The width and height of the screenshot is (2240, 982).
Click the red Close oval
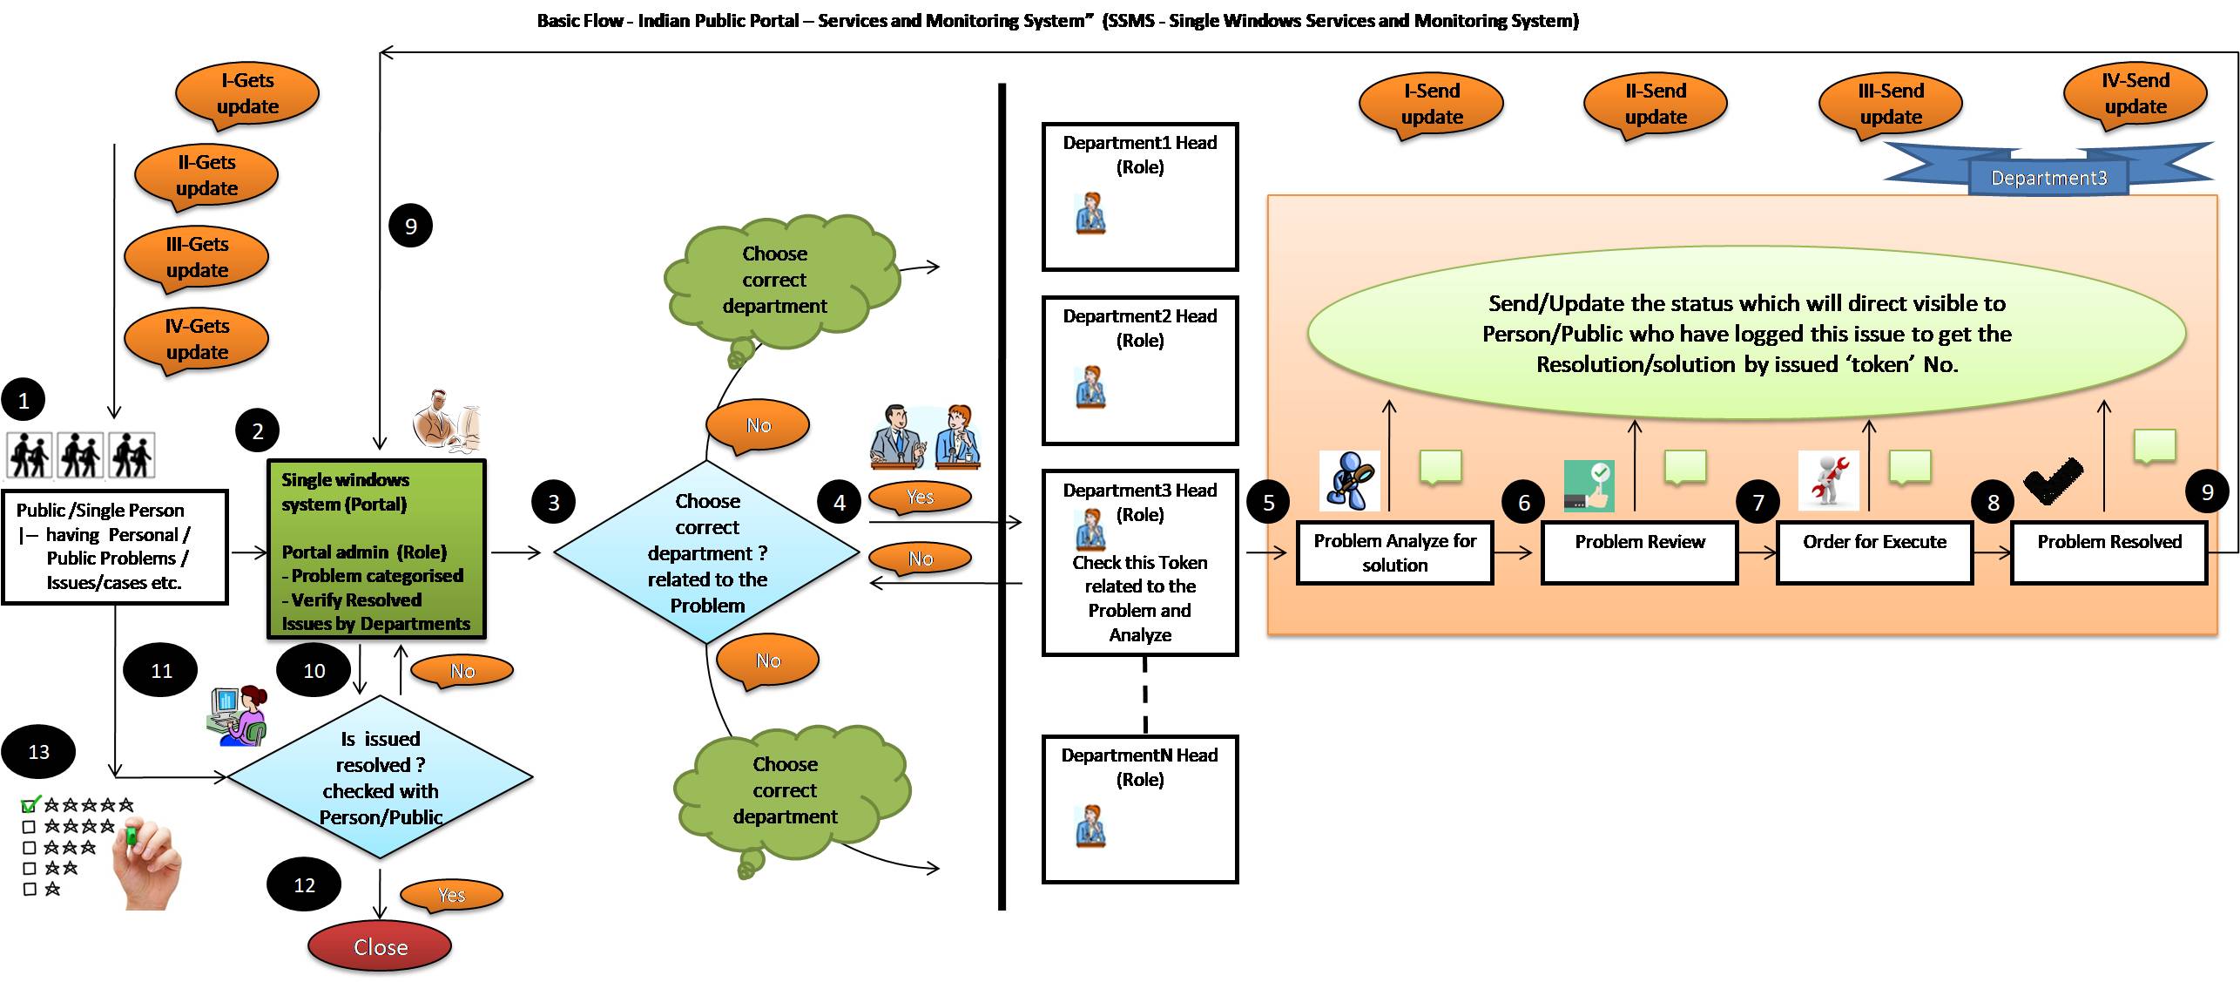click(x=380, y=946)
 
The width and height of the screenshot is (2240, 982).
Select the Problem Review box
click(x=1639, y=552)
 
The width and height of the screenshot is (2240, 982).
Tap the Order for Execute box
click(x=1874, y=552)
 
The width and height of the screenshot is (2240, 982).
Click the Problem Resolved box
click(x=2108, y=552)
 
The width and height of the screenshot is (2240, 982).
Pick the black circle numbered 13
click(x=38, y=751)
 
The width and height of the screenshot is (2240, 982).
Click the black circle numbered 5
click(x=1269, y=502)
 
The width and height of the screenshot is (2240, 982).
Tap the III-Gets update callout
click(x=197, y=259)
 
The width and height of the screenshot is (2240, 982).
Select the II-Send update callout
click(x=1655, y=105)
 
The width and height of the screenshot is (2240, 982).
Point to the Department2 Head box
click(x=1140, y=370)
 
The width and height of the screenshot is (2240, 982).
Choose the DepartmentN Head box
click(x=1140, y=809)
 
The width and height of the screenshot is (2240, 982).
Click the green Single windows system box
click(x=376, y=550)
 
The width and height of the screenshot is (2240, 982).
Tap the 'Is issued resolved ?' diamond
click(x=380, y=776)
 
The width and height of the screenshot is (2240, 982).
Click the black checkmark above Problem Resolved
click(x=2052, y=479)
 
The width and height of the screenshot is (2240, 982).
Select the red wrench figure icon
click(x=1829, y=479)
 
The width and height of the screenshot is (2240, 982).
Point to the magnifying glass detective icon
click(x=1349, y=480)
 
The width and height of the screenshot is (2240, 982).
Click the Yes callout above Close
click(x=450, y=895)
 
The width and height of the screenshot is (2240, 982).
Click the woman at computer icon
click(x=237, y=715)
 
